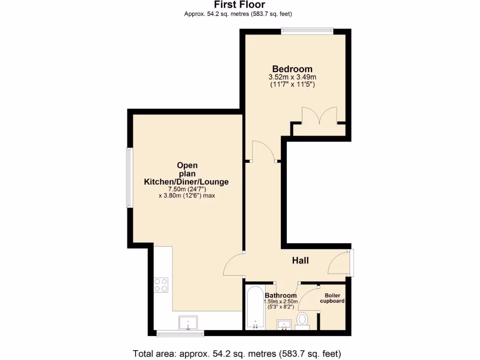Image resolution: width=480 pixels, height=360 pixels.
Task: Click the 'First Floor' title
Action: tap(240, 5)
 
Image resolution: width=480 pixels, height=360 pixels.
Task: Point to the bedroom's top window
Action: tap(307, 31)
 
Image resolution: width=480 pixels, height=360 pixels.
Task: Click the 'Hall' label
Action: tap(300, 261)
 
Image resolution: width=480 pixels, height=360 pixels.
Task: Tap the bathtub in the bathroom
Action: tap(255, 307)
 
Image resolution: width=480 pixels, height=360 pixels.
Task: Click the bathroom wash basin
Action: tap(285, 323)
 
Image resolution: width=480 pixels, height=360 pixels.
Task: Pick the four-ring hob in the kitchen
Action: tap(161, 285)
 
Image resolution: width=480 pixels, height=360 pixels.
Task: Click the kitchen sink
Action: tap(188, 323)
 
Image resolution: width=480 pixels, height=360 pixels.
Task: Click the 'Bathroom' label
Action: tap(280, 295)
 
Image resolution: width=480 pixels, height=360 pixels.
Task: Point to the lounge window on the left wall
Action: tap(128, 178)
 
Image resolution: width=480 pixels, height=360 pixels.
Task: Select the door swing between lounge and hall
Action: tap(233, 265)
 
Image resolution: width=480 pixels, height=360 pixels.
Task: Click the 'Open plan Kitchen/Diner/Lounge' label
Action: tap(187, 173)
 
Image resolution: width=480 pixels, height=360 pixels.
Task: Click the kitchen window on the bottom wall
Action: tap(180, 334)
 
